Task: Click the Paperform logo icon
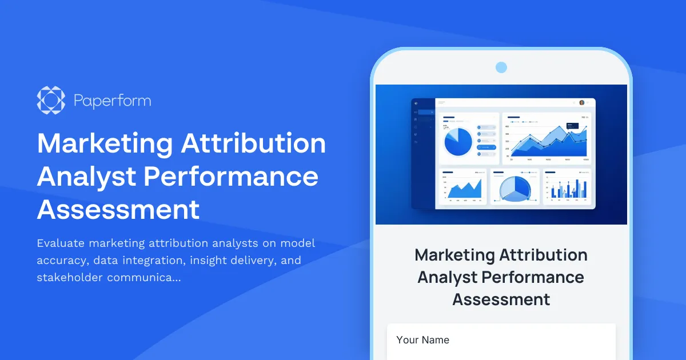pos(51,100)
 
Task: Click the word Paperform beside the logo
pos(112,101)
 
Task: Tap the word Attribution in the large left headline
pos(253,143)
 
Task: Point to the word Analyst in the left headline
pos(86,177)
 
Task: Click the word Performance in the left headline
pos(230,177)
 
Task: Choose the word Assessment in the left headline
pos(118,210)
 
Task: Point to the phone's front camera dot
pos(501,67)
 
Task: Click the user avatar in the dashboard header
pos(581,103)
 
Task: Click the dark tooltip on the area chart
pos(573,126)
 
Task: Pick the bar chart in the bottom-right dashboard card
pos(567,188)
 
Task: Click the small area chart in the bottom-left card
pos(464,189)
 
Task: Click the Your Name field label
pos(422,340)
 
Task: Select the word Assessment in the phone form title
pos(501,299)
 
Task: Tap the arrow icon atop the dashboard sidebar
pos(416,103)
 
